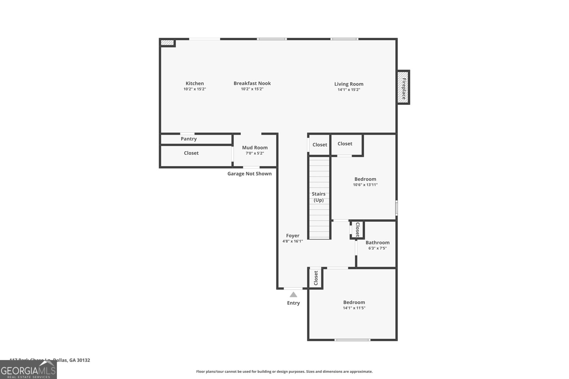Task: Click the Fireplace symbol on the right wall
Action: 403,87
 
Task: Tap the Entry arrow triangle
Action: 293,294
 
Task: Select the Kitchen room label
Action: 195,83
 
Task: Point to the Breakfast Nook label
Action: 252,83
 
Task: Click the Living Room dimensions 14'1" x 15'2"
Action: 349,90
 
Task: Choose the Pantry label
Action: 188,139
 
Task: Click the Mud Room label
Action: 255,148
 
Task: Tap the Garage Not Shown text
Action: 249,174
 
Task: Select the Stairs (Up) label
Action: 319,197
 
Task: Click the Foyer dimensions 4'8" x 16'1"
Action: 292,241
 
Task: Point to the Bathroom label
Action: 377,243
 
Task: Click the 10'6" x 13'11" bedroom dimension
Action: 365,185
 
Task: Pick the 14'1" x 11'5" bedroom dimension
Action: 354,308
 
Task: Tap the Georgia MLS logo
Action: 28,370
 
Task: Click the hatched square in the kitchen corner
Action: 167,43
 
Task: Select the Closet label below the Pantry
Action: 191,153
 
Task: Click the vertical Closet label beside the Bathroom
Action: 357,229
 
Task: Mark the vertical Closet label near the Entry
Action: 315,278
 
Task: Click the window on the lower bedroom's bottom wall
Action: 352,340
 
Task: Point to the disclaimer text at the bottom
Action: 284,372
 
